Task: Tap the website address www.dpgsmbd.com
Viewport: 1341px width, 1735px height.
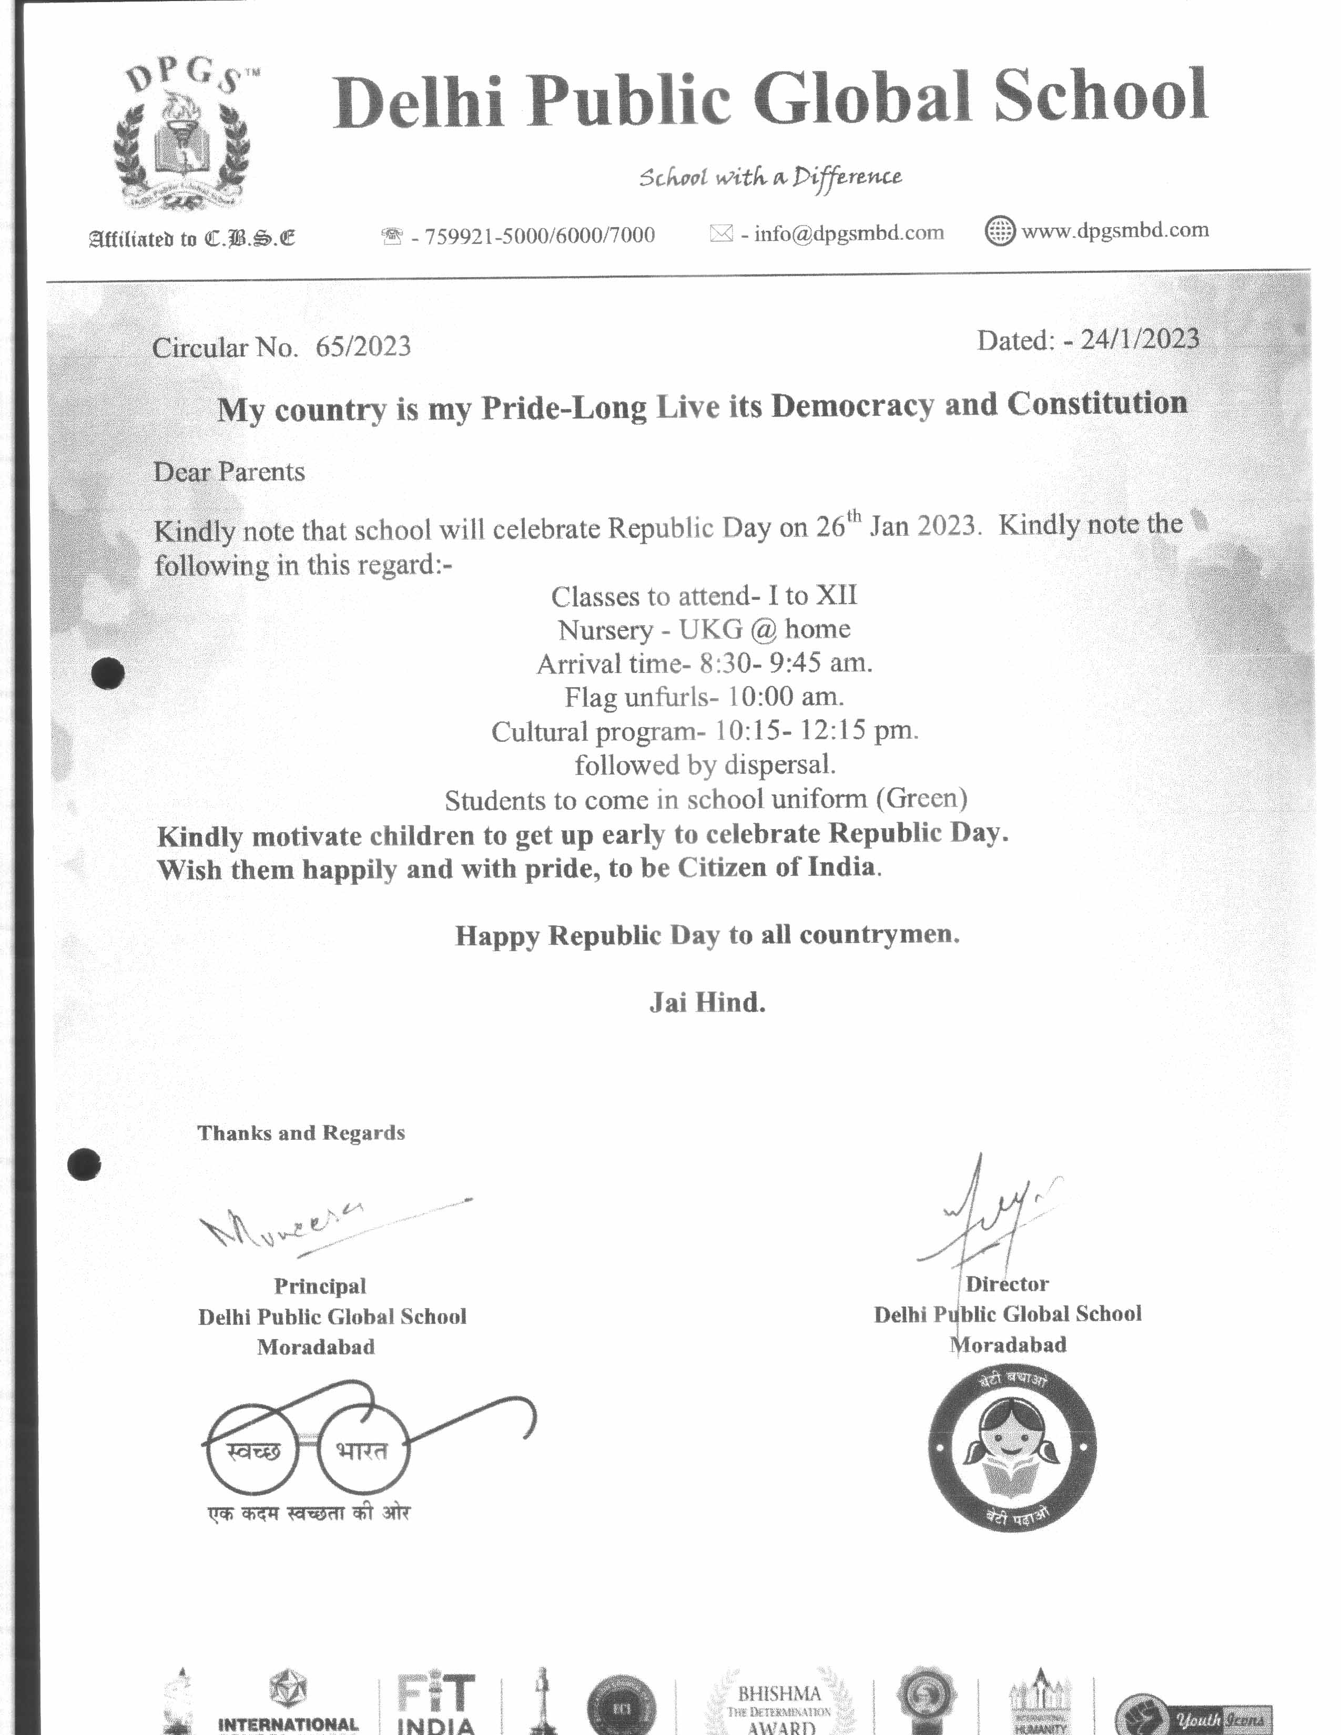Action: (1114, 230)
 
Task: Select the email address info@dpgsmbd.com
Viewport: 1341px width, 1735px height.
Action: (848, 233)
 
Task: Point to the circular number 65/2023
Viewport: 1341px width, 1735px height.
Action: (363, 347)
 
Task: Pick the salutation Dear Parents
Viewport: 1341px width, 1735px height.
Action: (229, 472)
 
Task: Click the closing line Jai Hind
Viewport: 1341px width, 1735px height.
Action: (707, 1003)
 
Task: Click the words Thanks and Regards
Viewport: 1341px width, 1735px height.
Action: (301, 1133)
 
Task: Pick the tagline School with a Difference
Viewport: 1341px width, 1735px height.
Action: (770, 176)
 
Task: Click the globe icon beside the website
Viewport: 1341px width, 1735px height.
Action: (999, 231)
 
